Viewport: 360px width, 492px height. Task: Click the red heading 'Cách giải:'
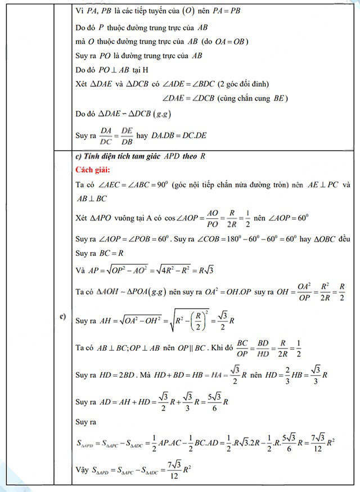point(94,169)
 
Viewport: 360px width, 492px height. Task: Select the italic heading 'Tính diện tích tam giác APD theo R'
point(141,156)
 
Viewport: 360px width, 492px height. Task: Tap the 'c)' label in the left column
point(64,318)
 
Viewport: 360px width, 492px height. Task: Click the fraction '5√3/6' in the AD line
point(214,402)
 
